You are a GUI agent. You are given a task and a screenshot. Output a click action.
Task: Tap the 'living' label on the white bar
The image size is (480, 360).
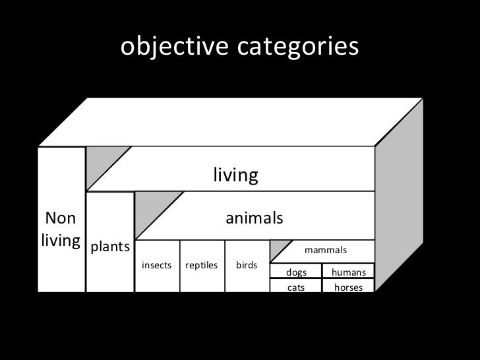[x=235, y=175]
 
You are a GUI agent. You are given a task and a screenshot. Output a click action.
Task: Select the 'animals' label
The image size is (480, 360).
[x=255, y=217]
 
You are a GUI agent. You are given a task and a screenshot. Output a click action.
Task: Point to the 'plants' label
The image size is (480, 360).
[x=110, y=247]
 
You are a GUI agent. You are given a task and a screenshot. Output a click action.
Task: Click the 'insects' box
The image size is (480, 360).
[x=156, y=265]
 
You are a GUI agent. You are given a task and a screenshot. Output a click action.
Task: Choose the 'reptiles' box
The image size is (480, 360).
[x=202, y=265]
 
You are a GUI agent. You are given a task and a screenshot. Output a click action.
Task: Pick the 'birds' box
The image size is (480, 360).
[x=247, y=265]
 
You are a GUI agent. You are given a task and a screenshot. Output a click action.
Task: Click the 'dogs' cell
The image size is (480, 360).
[x=296, y=272]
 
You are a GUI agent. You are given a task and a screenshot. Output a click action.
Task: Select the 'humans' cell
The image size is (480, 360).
[x=348, y=272]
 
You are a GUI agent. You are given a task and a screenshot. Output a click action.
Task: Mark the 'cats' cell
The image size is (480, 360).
[x=296, y=287]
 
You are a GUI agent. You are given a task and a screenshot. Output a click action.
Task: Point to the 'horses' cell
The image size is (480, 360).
[x=348, y=287]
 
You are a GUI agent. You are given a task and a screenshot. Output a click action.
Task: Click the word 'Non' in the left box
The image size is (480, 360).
[x=60, y=218]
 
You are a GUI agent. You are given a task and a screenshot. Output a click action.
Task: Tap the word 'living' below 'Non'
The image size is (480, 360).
[x=60, y=239]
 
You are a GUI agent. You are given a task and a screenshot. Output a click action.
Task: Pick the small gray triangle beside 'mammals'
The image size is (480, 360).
[x=281, y=251]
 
